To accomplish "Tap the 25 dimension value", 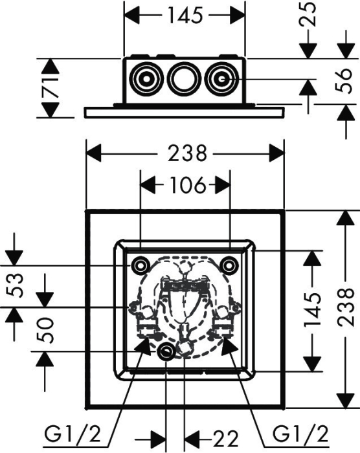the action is click(x=308, y=14).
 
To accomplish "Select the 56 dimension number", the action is click(x=344, y=81).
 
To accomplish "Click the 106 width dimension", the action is click(x=188, y=185).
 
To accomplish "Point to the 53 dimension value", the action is click(x=14, y=285).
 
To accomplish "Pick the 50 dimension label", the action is click(x=45, y=330).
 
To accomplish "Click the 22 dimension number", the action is click(x=225, y=439).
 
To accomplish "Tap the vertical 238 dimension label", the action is click(x=346, y=307).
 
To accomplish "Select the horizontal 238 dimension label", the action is click(x=188, y=153).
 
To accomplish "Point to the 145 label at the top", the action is click(x=185, y=16).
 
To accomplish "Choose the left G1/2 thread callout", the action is click(x=73, y=434).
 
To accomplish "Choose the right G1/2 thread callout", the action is click(x=301, y=434).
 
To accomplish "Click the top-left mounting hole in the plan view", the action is click(x=141, y=264).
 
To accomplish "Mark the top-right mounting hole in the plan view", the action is click(x=229, y=264).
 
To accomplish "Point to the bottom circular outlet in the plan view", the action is click(x=166, y=351).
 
